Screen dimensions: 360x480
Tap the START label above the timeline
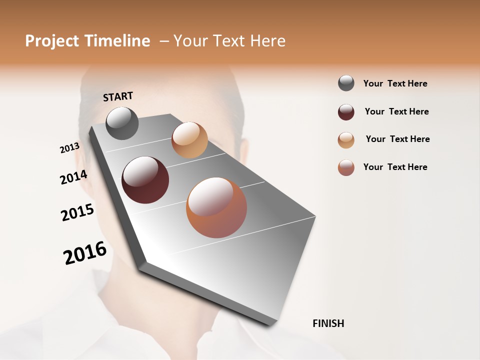pos(118,96)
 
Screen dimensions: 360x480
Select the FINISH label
pos(328,323)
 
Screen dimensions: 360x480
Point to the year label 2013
pos(69,148)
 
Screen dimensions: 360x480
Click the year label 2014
pos(73,177)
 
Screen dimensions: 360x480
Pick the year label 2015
pos(77,212)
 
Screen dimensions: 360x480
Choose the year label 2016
pos(85,253)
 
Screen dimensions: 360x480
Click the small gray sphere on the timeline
pos(122,123)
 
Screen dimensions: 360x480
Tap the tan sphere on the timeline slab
pos(189,140)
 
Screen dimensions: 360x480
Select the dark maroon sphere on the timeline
pos(145,180)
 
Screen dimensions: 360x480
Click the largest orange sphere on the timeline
pos(216,207)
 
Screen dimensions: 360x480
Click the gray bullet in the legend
pos(346,83)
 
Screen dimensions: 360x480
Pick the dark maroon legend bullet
pos(346,112)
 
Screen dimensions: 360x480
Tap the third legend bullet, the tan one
pos(346,140)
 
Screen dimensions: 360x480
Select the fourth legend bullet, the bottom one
pos(346,167)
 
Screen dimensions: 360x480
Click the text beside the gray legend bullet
pos(395,84)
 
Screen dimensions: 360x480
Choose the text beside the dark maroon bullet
pos(396,111)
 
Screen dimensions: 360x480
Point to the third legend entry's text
pos(397,139)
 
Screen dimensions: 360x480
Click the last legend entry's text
pos(395,167)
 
